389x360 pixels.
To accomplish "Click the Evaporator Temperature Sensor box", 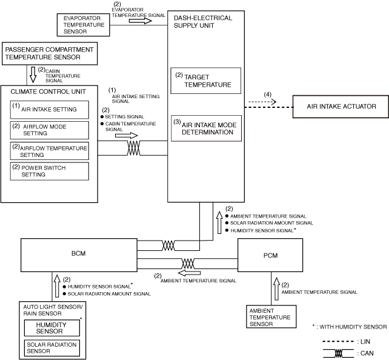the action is (84, 25).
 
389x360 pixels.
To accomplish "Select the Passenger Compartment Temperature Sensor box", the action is (50, 53).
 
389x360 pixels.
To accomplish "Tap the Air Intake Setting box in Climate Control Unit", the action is (49, 110).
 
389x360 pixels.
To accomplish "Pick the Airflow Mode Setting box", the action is (49, 130).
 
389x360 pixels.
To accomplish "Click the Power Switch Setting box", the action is (49, 171).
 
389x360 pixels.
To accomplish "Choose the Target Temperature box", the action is (205, 81).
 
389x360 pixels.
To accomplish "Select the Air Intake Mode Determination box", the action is (206, 128).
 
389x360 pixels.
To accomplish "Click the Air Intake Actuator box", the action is (341, 107).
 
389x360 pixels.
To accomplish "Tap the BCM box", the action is (79, 255).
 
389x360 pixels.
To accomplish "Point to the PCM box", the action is (270, 255).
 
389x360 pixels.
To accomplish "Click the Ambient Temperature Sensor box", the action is (271, 316).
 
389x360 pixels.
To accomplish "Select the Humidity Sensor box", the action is (52, 328).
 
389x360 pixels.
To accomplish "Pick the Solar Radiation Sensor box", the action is (52, 348).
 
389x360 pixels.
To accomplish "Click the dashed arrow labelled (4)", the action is (262, 101).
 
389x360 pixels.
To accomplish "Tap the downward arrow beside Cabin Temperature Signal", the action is (33, 75).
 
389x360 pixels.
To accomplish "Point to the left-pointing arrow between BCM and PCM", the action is (189, 273).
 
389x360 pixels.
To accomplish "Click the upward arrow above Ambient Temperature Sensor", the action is (276, 289).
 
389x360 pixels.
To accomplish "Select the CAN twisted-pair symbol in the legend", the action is (338, 353).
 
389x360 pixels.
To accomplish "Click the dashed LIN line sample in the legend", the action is (338, 342).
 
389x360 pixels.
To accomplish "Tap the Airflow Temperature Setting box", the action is (49, 151).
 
